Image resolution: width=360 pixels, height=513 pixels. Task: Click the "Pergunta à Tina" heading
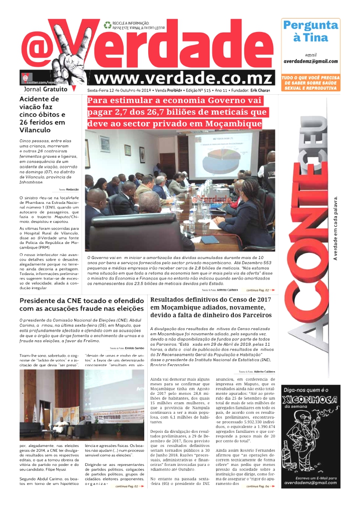pyautogui.click(x=310, y=31)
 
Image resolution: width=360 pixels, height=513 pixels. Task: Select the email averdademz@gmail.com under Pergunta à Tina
pyautogui.click(x=310, y=61)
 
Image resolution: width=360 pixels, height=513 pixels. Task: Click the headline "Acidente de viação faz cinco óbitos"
pyautogui.click(x=42, y=114)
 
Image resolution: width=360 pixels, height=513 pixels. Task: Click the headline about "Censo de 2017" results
pyautogui.click(x=210, y=307)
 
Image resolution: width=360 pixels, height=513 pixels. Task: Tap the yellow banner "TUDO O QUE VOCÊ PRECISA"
pyautogui.click(x=310, y=83)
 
